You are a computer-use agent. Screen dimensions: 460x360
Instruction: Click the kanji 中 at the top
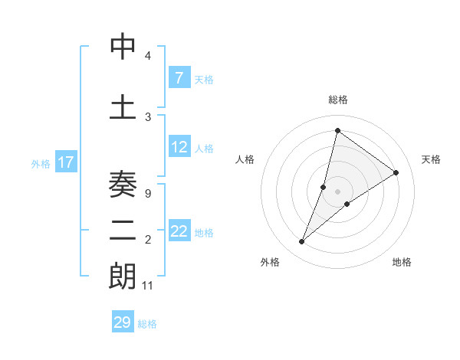point(123,47)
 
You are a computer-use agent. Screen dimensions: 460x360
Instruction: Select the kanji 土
point(123,107)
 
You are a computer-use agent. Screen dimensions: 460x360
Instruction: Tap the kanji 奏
point(123,185)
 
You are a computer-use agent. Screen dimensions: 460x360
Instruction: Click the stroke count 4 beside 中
point(148,56)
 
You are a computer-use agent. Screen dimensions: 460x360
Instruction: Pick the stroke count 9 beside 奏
point(148,193)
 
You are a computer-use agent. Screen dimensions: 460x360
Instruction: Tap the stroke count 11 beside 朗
point(148,285)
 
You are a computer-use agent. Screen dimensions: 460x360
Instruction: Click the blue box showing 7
point(179,77)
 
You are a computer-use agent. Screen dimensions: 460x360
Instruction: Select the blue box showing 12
point(179,147)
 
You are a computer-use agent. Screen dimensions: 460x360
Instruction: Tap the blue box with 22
point(179,231)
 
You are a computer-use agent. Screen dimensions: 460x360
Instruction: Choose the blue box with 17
point(66,162)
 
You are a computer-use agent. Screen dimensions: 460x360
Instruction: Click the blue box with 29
point(123,322)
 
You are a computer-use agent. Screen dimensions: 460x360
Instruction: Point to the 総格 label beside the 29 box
point(147,324)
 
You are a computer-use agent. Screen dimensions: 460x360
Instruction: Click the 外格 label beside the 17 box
point(41,163)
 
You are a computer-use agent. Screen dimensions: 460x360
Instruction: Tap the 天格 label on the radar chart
point(431,159)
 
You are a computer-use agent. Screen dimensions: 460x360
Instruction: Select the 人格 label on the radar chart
point(245,159)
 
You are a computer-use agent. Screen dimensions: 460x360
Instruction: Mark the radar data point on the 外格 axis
point(302,242)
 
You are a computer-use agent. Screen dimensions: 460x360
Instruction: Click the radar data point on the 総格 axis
point(337,130)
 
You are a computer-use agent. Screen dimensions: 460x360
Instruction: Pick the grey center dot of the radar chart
point(337,191)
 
